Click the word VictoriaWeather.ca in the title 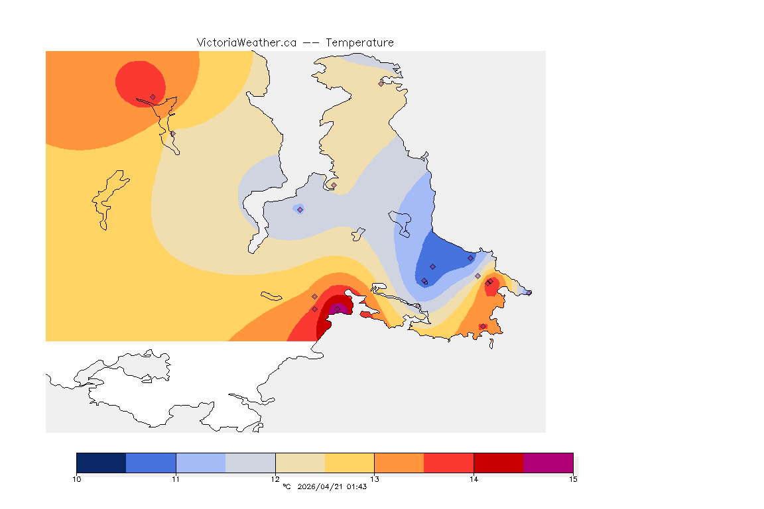point(246,42)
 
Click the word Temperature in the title point(359,42)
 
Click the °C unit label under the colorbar point(286,486)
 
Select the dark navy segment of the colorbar point(101,463)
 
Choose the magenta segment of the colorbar point(548,463)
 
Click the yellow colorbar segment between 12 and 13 point(350,463)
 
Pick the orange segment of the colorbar point(399,463)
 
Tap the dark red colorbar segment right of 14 point(498,463)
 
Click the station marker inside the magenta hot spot point(337,309)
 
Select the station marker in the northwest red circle point(153,97)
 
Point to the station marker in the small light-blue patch point(300,209)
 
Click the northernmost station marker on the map point(381,84)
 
